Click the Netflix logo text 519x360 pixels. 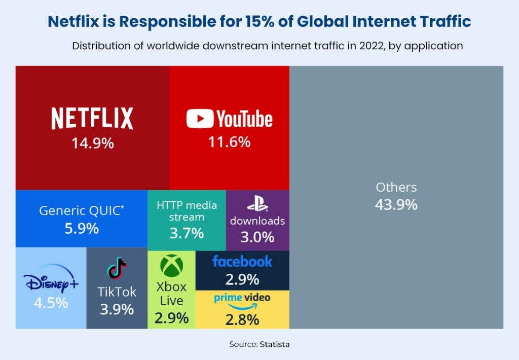(92, 118)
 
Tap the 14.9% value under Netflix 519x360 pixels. (92, 143)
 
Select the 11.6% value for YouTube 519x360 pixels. (229, 142)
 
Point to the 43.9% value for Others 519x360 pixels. (396, 205)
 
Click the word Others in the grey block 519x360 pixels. (396, 187)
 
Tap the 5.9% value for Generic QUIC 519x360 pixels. (81, 228)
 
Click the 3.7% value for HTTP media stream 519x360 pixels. (187, 233)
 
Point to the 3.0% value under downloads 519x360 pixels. (257, 237)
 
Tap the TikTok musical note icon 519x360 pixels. (117, 269)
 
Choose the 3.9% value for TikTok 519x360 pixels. (117, 309)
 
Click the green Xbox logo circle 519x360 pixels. (171, 266)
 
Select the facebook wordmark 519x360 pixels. (242, 262)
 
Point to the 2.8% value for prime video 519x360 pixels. (242, 320)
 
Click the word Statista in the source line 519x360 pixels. (275, 344)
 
